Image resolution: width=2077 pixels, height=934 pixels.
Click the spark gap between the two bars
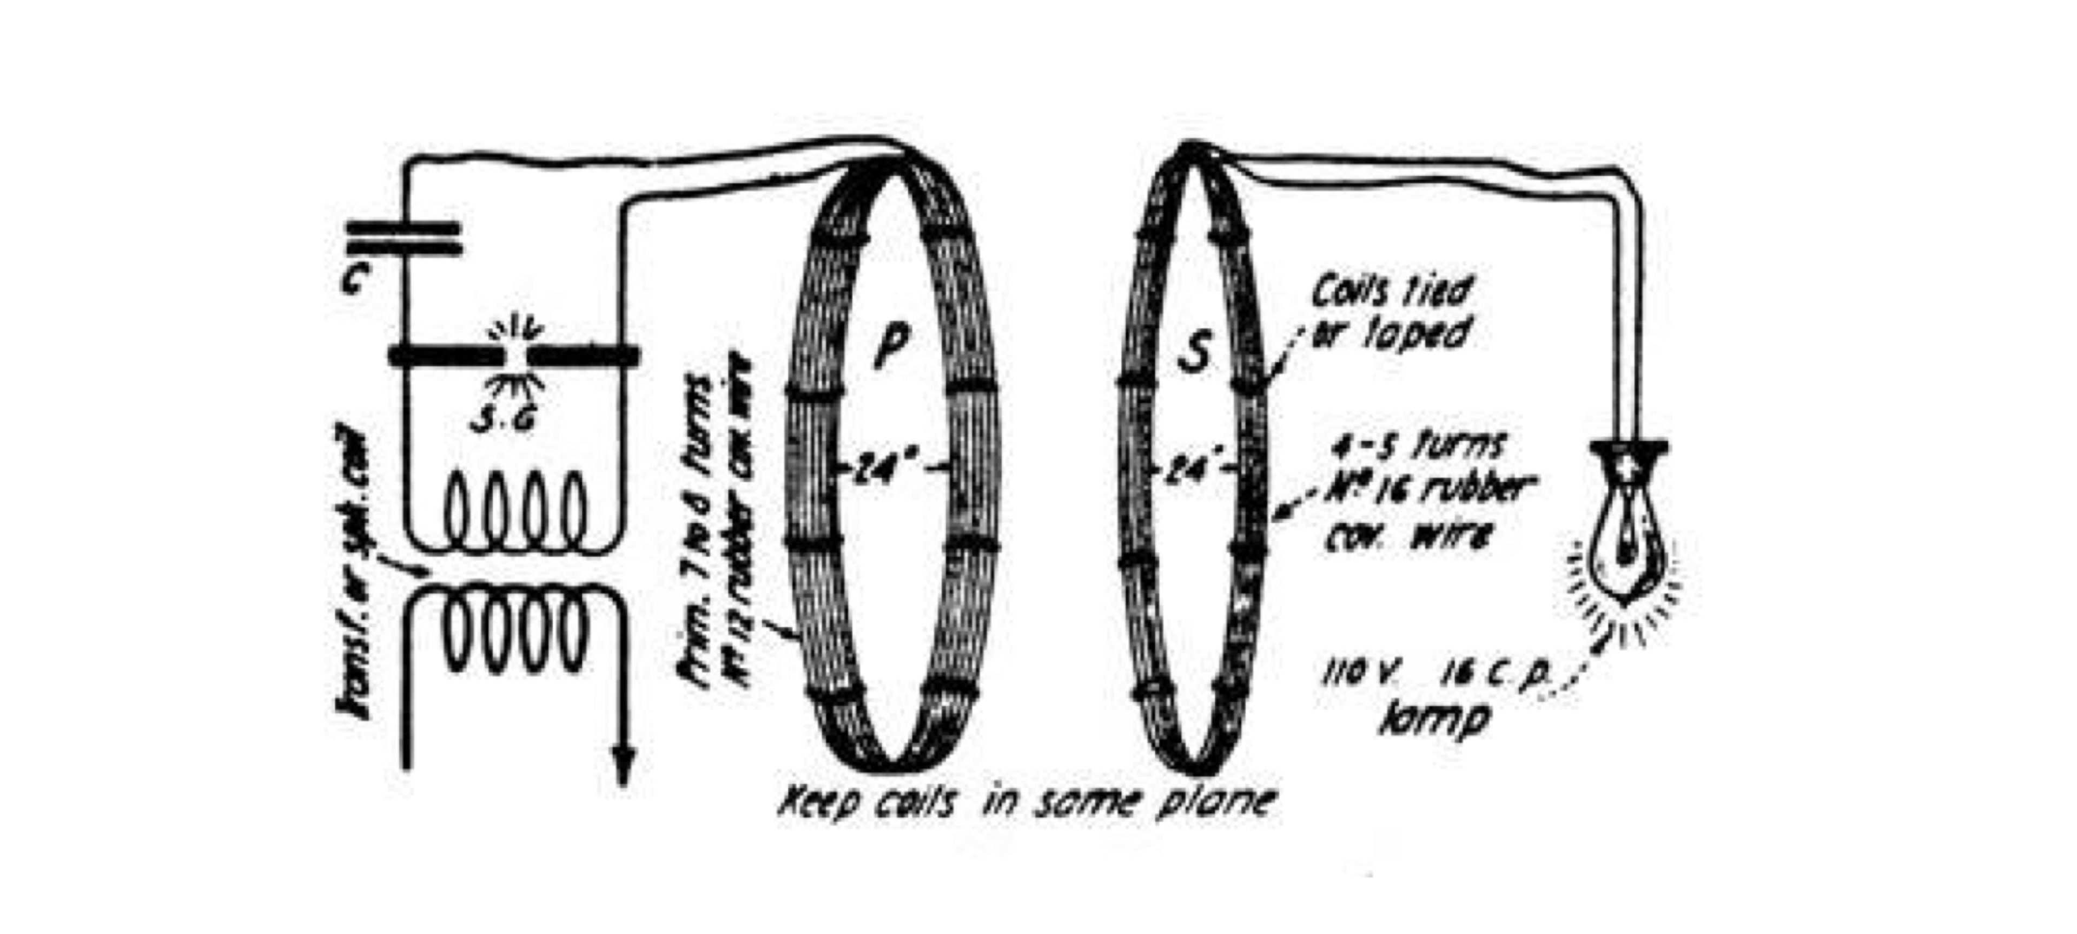514,356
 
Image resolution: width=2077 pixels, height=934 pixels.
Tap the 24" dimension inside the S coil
1195,468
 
